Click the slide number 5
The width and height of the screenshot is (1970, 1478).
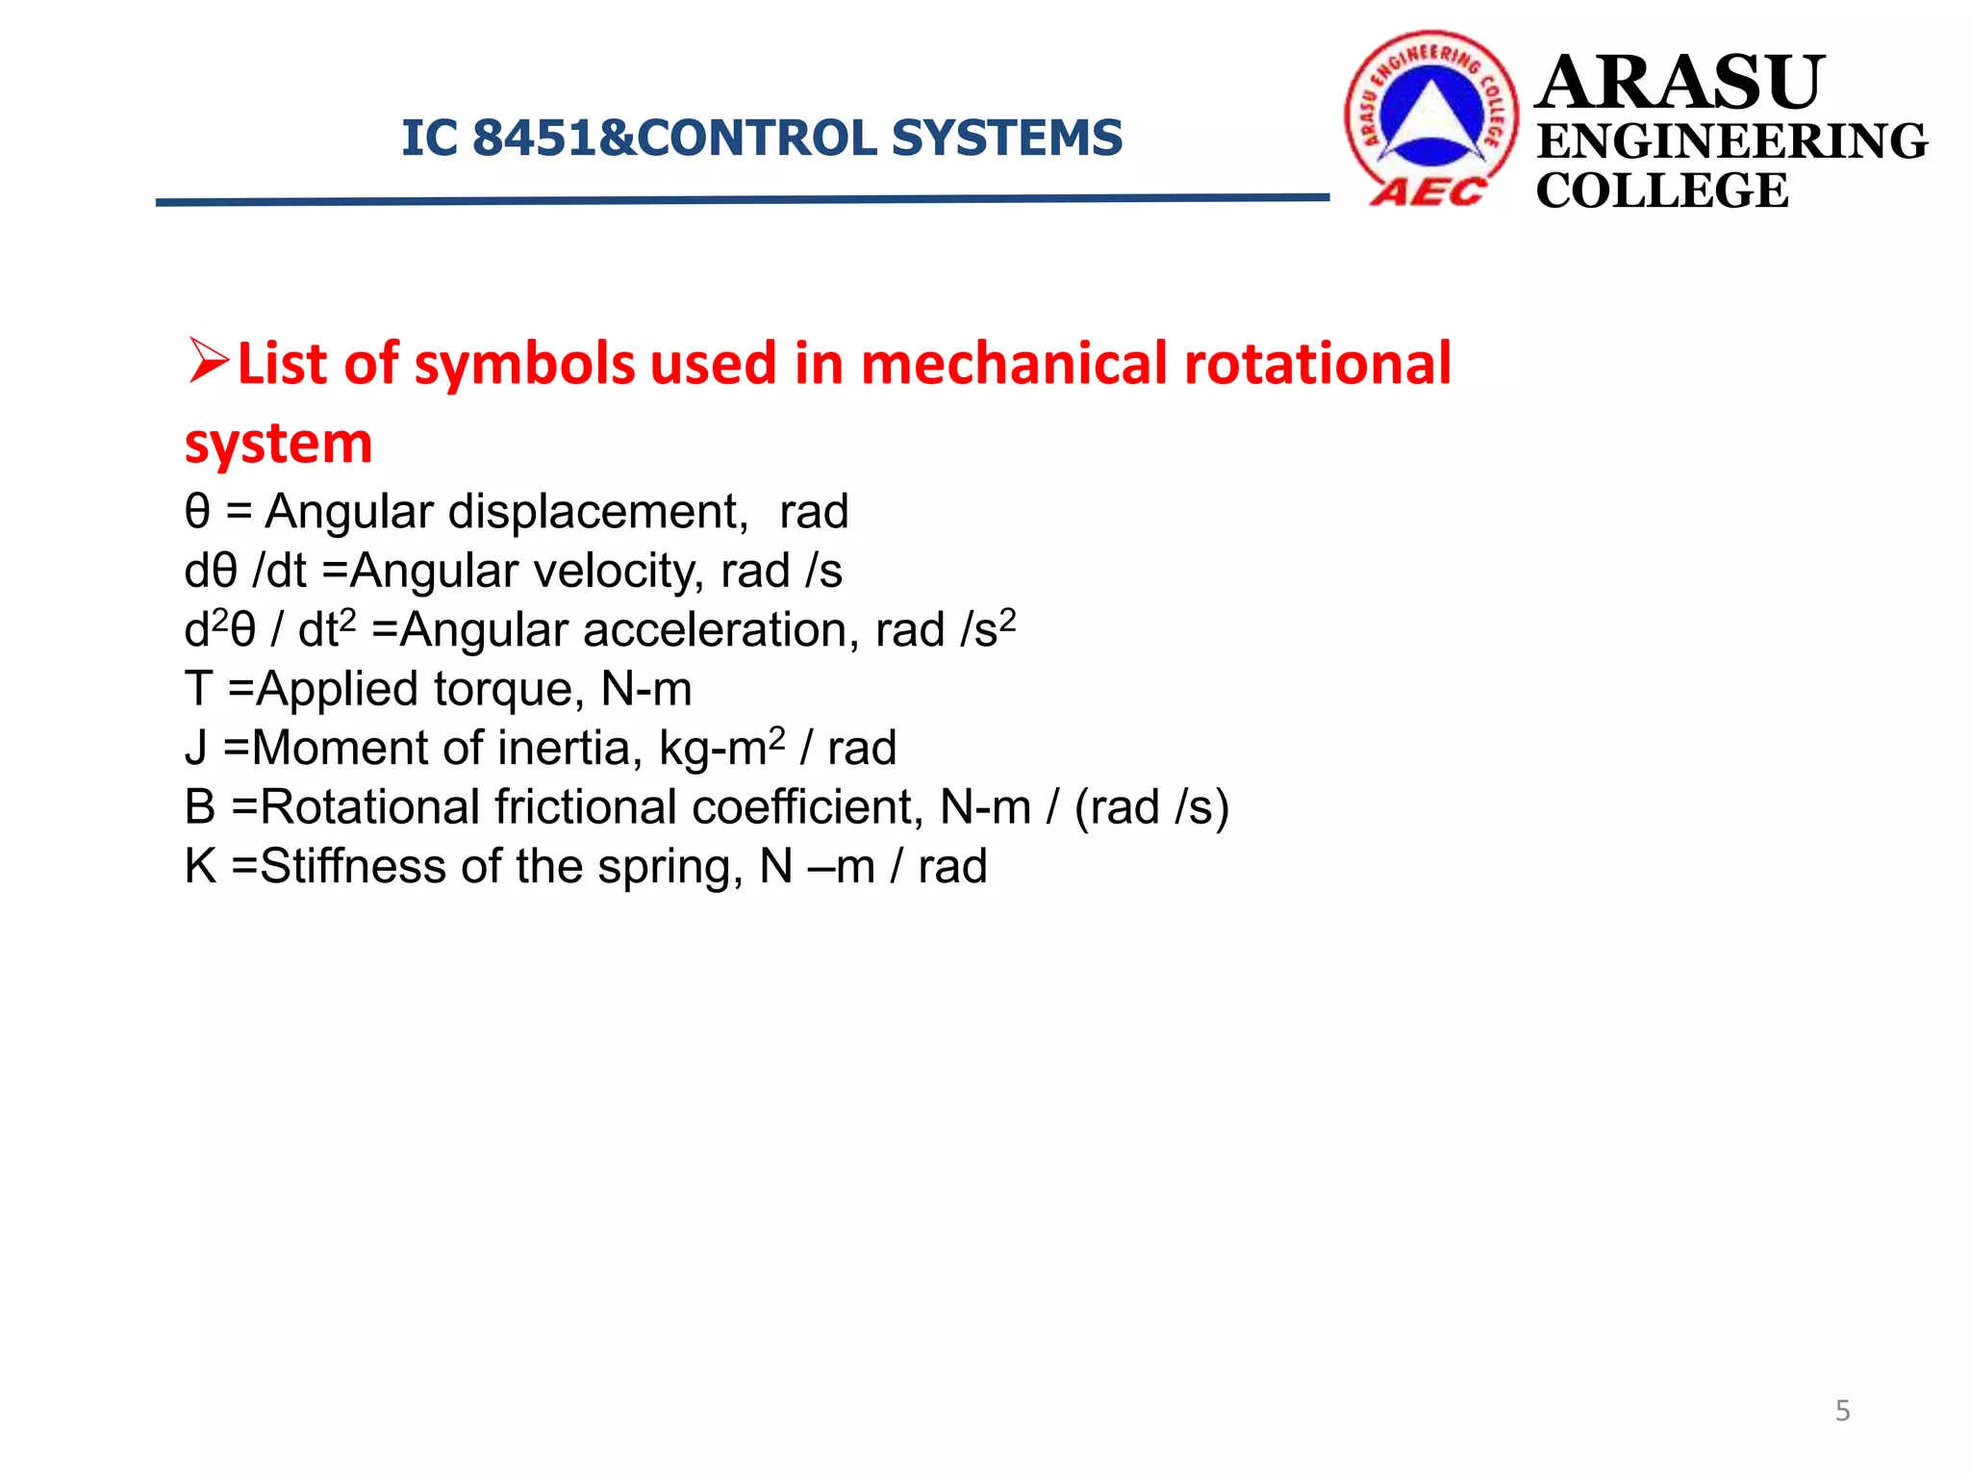click(x=1842, y=1411)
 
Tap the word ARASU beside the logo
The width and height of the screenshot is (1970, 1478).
click(x=1678, y=83)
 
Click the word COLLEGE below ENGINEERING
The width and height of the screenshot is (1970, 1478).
click(x=1661, y=191)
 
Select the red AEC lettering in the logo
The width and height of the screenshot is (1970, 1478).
click(x=1427, y=192)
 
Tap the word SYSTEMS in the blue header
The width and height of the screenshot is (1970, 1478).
click(x=1006, y=138)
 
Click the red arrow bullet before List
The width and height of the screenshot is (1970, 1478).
click(x=208, y=362)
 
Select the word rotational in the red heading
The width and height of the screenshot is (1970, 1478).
click(x=1317, y=364)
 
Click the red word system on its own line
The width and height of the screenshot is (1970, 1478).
click(x=278, y=444)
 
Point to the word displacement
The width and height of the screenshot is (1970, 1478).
click(x=597, y=511)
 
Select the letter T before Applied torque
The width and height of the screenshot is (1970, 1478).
click(x=198, y=689)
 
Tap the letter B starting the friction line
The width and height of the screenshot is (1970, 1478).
click(x=200, y=806)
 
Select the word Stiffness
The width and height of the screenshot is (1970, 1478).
click(x=352, y=866)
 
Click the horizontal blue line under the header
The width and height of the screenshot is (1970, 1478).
click(x=741, y=200)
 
